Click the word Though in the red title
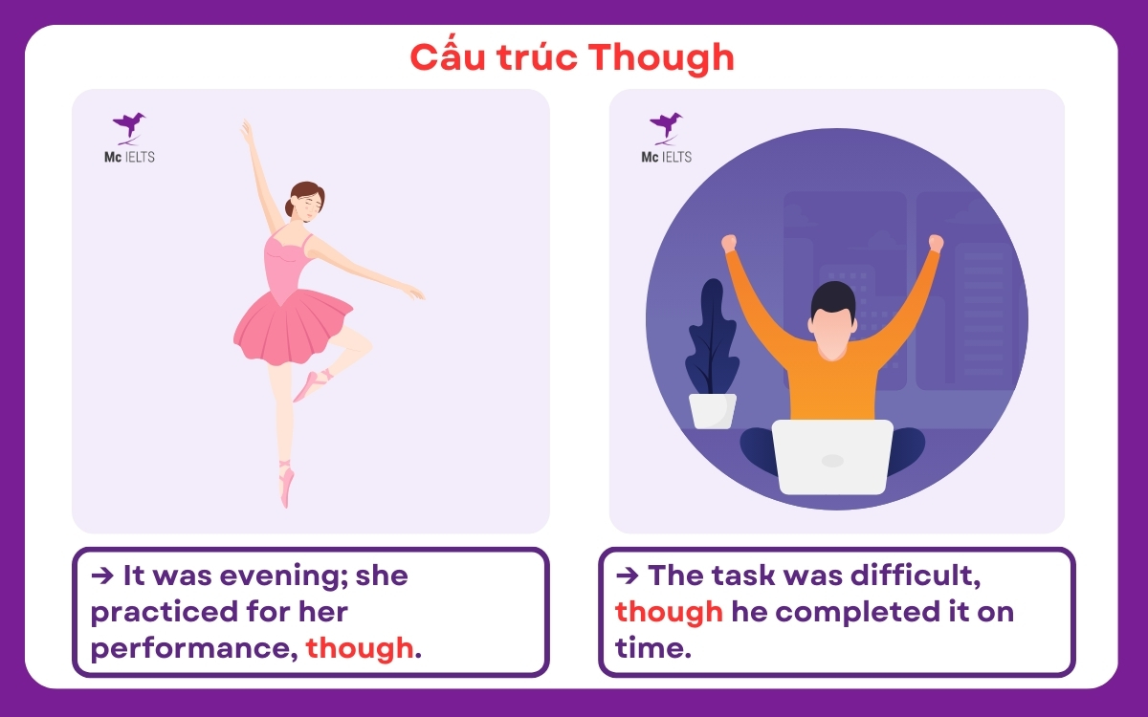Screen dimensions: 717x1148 [661, 58]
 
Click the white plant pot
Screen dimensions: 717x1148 [713, 410]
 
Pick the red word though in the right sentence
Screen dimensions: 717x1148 [669, 611]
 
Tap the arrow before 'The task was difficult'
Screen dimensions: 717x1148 [628, 576]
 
